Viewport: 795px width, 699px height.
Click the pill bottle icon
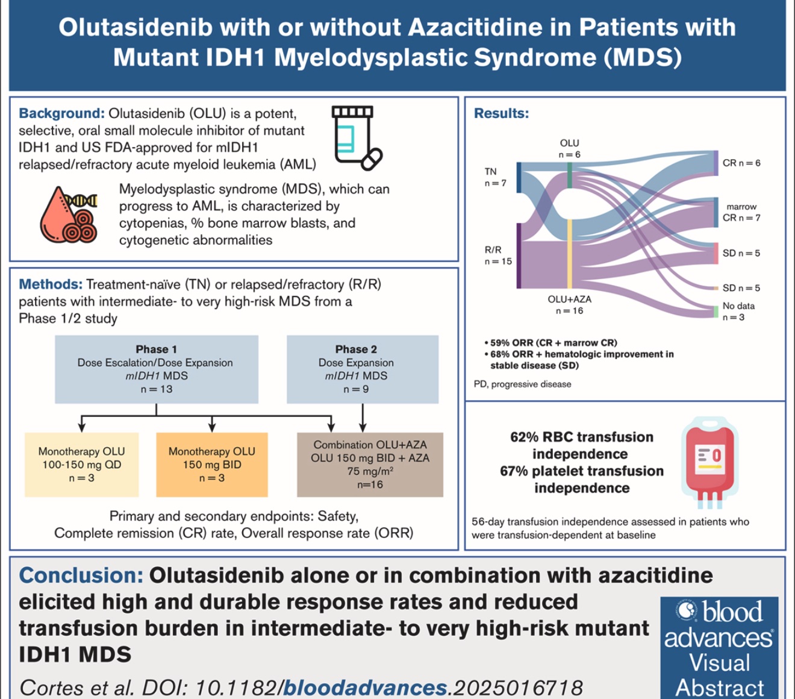point(356,138)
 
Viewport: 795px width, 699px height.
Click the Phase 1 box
point(157,369)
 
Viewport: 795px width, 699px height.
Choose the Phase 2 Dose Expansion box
point(362,369)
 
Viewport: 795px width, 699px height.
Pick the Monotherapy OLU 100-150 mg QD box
point(81,465)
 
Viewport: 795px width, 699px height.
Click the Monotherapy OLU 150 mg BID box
point(211,465)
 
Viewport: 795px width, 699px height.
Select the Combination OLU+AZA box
point(370,465)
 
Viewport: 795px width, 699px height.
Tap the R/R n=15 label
point(497,255)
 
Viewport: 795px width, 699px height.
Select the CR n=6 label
point(741,163)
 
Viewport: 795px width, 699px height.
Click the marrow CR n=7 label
point(741,212)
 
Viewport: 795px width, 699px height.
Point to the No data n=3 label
point(738,312)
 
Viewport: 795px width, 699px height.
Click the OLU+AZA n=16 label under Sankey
point(569,305)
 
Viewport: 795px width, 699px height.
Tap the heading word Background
point(61,113)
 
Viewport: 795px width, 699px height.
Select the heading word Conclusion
point(81,575)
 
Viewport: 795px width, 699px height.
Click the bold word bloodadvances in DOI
point(365,688)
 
